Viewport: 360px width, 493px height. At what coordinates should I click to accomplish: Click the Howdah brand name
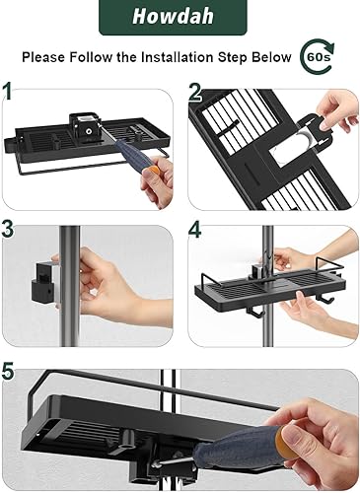pyautogui.click(x=173, y=17)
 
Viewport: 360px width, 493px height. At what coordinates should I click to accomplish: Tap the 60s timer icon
pyautogui.click(x=318, y=56)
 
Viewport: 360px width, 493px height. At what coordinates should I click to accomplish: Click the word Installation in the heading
pyautogui.click(x=177, y=57)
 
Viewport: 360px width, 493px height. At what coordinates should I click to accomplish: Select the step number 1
pyautogui.click(x=7, y=91)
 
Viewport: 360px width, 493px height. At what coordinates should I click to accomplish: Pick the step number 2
pyautogui.click(x=195, y=91)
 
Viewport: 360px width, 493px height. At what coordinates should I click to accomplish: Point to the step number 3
pyautogui.click(x=8, y=228)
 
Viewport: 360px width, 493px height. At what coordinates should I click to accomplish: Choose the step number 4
pyautogui.click(x=194, y=229)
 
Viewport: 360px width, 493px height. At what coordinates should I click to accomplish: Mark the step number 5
pyautogui.click(x=8, y=371)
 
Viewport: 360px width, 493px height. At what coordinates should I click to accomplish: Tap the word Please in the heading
pyautogui.click(x=43, y=57)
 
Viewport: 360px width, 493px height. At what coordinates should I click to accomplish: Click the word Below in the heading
pyautogui.click(x=271, y=57)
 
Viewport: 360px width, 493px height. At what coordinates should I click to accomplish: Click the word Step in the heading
pyautogui.click(x=233, y=58)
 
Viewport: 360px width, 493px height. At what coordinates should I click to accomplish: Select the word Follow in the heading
pyautogui.click(x=91, y=57)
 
